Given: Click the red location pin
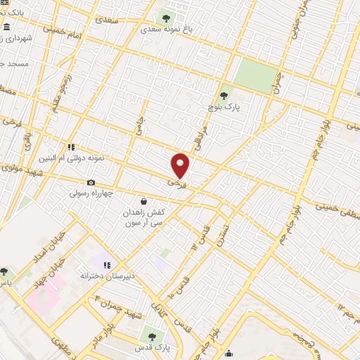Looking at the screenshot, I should pyautogui.click(x=181, y=165).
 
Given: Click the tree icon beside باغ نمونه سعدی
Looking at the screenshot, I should pyautogui.click(x=166, y=18).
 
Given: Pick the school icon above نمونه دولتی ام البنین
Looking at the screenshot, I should pyautogui.click(x=71, y=147).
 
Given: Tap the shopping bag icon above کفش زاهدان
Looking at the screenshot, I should pyautogui.click(x=144, y=201).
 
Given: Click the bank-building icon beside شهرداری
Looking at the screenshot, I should pyautogui.click(x=6, y=27).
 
